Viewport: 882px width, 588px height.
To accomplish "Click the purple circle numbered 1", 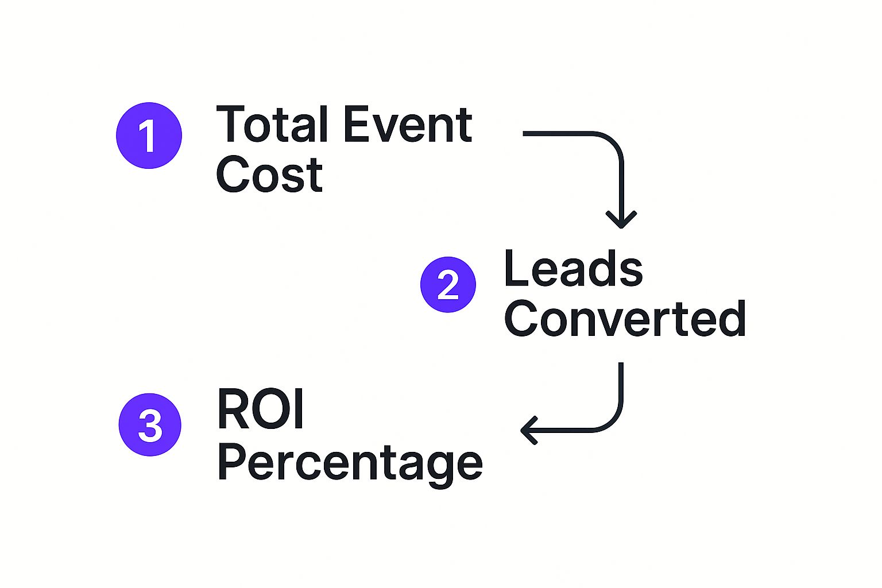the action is click(149, 136).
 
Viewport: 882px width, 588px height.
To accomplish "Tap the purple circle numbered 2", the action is click(448, 284).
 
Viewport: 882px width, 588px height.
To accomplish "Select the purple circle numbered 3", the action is click(150, 424).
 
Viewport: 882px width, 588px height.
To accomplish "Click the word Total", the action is click(272, 124).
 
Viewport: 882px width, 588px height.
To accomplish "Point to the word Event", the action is click(408, 125).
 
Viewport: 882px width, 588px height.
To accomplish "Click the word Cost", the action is click(269, 173).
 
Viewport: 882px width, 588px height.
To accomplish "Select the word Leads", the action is click(573, 268).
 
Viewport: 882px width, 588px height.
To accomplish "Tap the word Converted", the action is click(625, 318).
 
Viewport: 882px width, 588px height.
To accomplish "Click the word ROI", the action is click(261, 408).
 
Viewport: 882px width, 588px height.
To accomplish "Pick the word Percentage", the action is click(350, 464).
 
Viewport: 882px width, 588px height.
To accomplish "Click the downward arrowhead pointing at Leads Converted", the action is click(621, 220).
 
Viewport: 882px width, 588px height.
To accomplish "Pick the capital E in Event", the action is click(356, 124).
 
